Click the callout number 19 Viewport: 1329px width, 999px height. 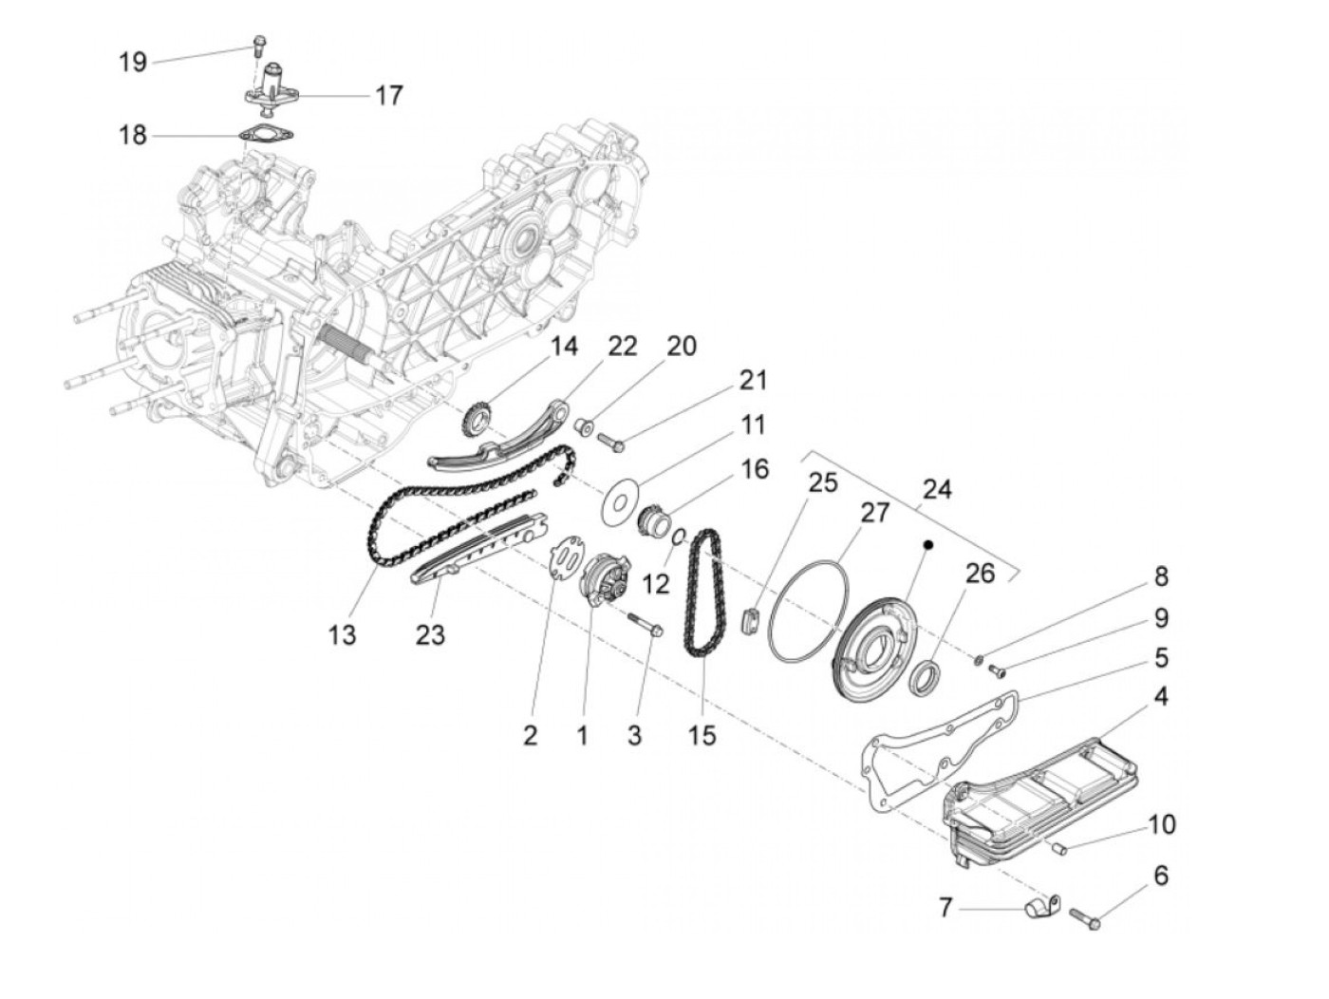132,63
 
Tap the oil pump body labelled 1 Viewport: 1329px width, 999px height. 604,580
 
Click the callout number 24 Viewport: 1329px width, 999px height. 936,490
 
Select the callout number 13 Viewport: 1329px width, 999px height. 342,634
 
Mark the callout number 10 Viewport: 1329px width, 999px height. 1161,823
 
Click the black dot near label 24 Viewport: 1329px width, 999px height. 929,545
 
